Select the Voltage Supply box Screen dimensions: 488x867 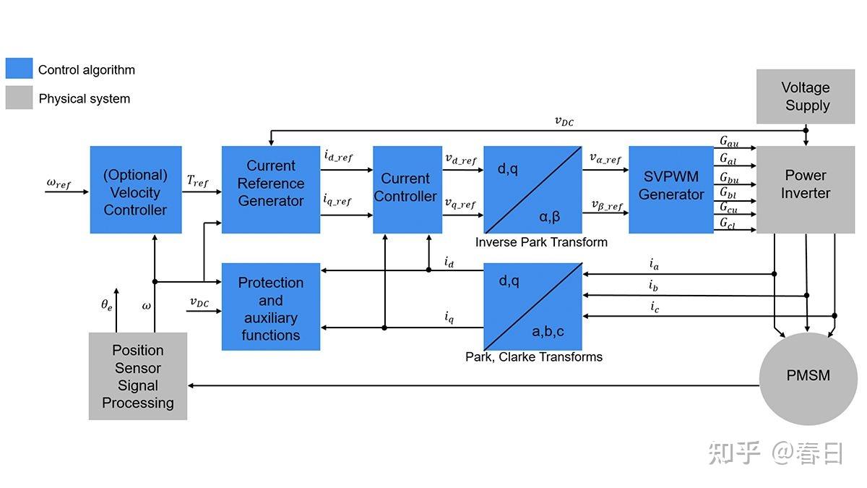point(806,96)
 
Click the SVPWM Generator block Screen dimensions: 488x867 point(670,189)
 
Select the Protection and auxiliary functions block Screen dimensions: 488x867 point(270,307)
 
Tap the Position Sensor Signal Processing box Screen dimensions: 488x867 point(137,376)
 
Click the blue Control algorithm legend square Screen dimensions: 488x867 point(19,69)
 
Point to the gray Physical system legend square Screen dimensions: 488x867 point(19,98)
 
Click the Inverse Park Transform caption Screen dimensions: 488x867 point(540,242)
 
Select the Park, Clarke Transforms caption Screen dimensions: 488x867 point(533,357)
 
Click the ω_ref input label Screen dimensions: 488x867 point(59,183)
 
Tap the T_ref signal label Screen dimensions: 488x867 point(197,181)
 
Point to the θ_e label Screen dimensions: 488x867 point(107,305)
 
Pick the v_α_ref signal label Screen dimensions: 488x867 point(605,158)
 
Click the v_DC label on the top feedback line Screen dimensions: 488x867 point(564,121)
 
